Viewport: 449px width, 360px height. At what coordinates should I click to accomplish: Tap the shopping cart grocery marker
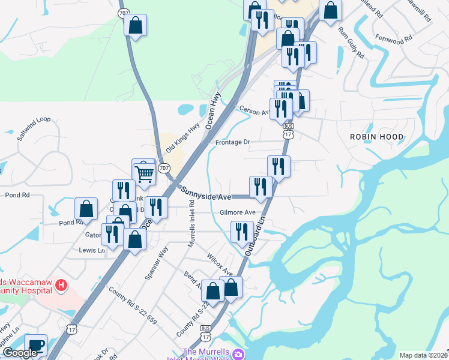[x=145, y=174]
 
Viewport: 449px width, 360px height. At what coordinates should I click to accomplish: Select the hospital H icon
[x=61, y=285]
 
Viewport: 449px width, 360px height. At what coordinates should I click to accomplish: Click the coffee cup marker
[x=36, y=345]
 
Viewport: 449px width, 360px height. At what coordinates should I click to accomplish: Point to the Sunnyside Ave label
[x=206, y=193]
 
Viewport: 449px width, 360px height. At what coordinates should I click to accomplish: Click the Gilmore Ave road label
[x=237, y=212]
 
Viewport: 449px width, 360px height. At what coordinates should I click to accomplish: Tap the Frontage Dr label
[x=232, y=143]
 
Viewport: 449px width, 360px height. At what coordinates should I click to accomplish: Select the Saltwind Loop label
[x=34, y=128]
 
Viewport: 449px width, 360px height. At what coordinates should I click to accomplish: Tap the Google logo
[x=19, y=353]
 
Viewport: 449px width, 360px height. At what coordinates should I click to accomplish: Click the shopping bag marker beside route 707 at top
[x=136, y=25]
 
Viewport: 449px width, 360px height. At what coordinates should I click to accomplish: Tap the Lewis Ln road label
[x=92, y=250]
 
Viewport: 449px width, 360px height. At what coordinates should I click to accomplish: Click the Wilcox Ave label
[x=220, y=264]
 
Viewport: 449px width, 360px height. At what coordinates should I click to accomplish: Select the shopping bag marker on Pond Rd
[x=86, y=209]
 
